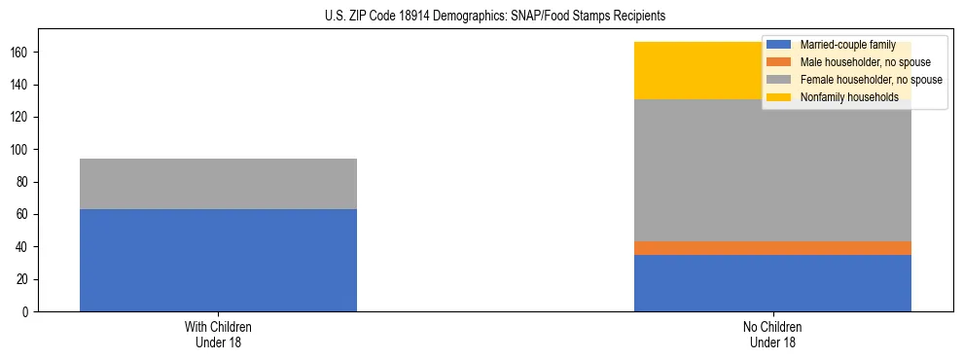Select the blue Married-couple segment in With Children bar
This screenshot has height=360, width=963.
(218, 260)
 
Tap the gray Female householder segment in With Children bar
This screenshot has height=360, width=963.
(218, 184)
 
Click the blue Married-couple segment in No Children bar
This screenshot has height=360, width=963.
(772, 283)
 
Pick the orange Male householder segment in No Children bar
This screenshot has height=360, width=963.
(772, 248)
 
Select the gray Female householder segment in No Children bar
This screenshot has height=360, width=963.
(772, 170)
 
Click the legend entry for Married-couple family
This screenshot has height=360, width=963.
(847, 45)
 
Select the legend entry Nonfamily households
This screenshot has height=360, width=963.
(849, 97)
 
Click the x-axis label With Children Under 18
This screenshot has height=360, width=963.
(218, 335)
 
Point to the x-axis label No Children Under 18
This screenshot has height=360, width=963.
(772, 335)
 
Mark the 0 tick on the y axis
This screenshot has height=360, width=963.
(28, 312)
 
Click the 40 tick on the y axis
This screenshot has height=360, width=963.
(25, 247)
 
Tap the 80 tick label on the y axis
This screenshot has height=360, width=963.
(25, 182)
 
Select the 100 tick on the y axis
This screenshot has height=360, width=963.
(22, 150)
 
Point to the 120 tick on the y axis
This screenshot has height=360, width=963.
(22, 117)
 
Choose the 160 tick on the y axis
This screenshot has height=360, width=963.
(22, 53)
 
